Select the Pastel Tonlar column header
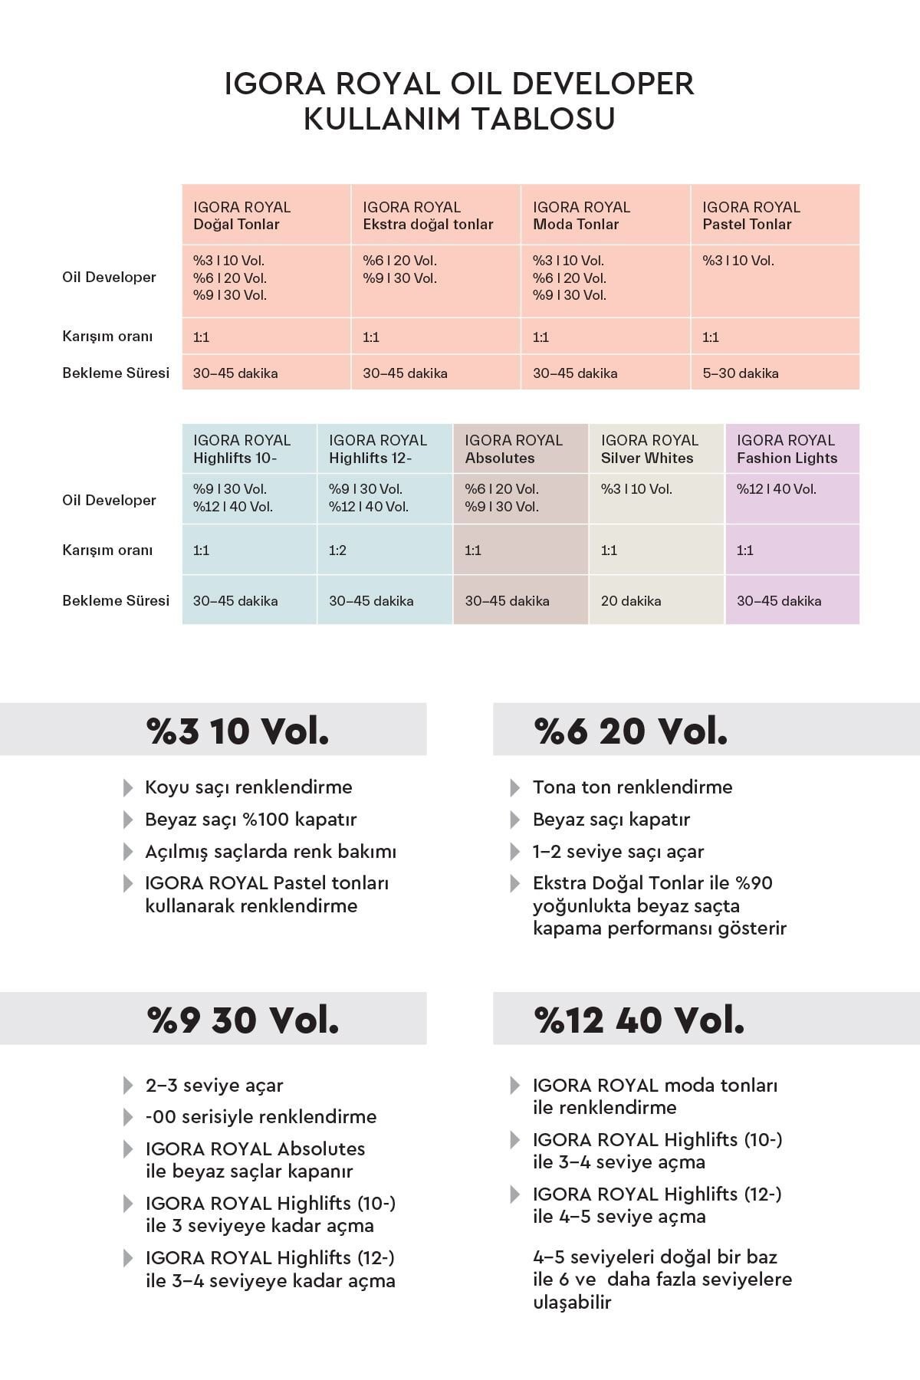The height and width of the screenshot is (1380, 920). [751, 215]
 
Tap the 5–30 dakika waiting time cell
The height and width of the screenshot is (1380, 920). [741, 373]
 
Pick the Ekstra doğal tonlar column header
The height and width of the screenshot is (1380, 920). [428, 215]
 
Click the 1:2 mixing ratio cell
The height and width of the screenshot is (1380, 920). [337, 550]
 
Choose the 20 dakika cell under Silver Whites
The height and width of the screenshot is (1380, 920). [631, 601]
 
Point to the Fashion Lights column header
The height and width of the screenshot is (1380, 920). [787, 449]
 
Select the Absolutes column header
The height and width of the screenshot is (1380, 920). [514, 449]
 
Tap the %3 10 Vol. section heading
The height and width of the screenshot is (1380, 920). [238, 731]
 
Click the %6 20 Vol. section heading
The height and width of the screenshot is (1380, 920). [630, 731]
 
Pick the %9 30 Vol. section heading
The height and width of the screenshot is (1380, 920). [243, 1020]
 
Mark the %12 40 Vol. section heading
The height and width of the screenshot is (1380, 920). [639, 1020]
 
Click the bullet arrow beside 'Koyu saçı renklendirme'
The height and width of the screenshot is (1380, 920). [127, 787]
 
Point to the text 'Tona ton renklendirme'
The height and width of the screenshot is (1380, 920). [632, 787]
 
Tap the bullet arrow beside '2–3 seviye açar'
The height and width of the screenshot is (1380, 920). [127, 1086]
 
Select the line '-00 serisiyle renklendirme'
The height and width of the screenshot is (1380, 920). [261, 1117]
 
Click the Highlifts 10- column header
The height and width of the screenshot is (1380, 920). [242, 449]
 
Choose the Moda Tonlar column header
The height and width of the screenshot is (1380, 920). [581, 215]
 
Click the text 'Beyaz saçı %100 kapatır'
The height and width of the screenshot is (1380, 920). [251, 820]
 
